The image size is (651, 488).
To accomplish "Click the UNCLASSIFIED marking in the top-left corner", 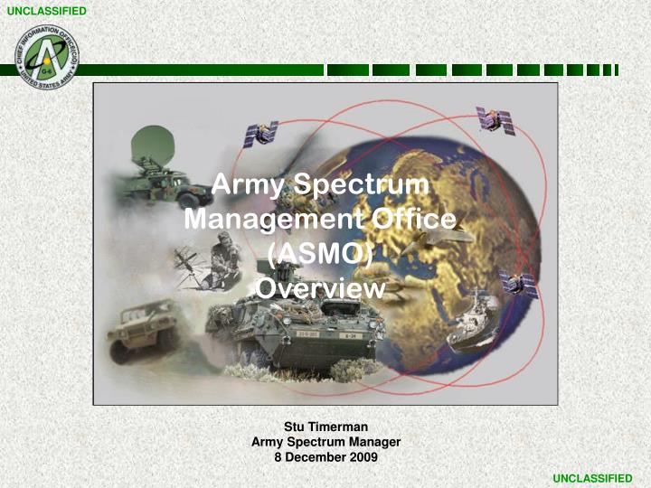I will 46,10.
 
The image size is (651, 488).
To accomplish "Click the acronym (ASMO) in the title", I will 321,254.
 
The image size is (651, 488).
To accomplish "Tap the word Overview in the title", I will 321,288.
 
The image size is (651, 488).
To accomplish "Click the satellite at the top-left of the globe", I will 260,134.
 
